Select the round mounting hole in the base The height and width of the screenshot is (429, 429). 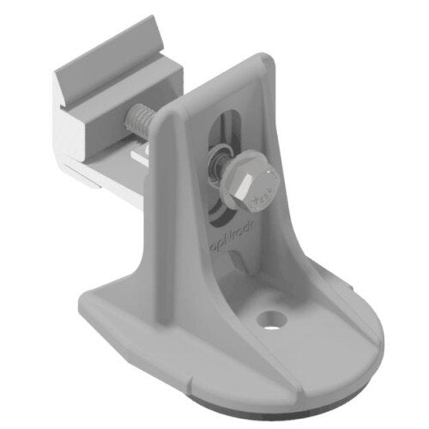point(273,318)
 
